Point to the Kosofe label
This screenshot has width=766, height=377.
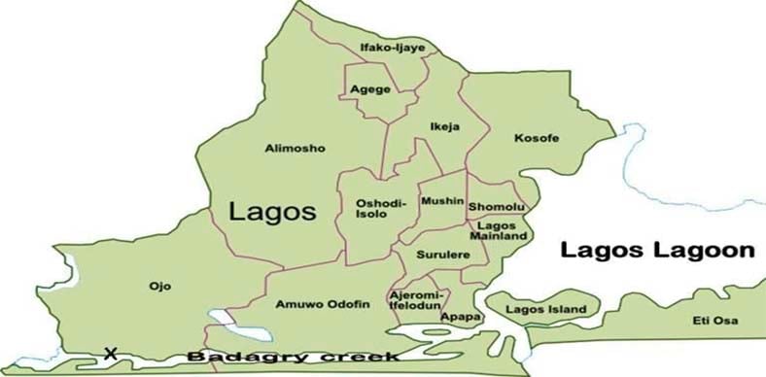(x=538, y=138)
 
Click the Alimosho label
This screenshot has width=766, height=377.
(x=295, y=148)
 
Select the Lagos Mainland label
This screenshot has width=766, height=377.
(x=498, y=230)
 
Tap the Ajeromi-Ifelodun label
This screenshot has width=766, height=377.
(x=417, y=298)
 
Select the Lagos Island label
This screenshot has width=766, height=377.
(x=547, y=310)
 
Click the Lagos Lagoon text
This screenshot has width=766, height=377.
(x=658, y=251)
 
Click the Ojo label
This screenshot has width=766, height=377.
(x=159, y=286)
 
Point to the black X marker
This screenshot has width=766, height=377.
(x=110, y=354)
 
